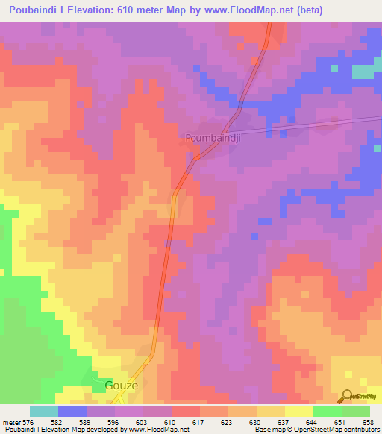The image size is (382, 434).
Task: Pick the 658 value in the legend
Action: [369, 422]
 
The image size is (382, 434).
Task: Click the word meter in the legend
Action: [10, 422]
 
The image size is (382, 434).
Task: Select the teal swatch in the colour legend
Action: [44, 411]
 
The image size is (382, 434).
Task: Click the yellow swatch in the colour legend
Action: [298, 411]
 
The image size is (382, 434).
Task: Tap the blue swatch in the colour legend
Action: [72, 411]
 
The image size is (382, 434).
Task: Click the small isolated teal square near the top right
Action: [363, 72]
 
